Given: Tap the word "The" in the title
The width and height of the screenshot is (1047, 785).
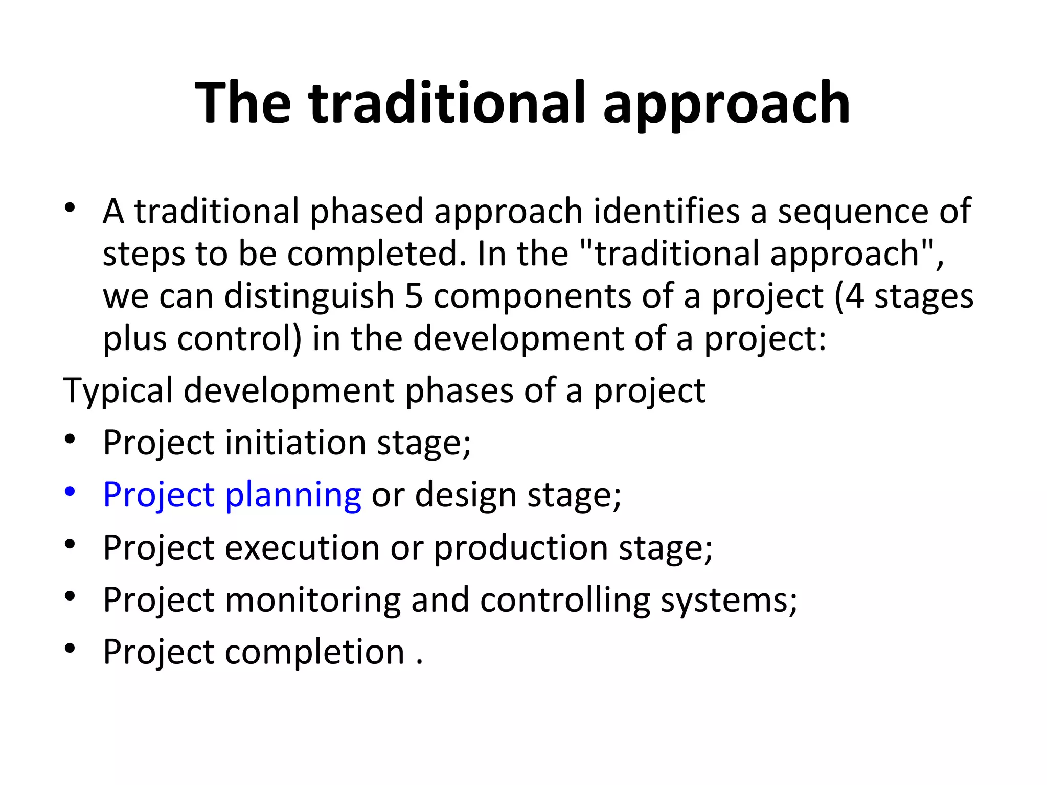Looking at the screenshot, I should (243, 104).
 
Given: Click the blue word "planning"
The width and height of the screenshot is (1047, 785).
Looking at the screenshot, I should (293, 495).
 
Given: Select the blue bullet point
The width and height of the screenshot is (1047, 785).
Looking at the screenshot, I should (70, 492).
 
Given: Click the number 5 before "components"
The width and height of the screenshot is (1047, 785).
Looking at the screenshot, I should (414, 296).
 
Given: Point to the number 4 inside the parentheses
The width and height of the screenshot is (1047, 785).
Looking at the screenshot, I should (854, 296).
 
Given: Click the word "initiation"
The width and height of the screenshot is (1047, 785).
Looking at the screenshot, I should (295, 442).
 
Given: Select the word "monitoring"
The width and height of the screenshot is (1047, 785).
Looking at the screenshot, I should (313, 599).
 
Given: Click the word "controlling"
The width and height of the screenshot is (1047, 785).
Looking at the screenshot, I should (565, 599).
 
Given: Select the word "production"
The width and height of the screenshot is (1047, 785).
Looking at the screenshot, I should (521, 547).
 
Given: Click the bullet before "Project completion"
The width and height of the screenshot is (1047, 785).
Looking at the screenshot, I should (70, 649).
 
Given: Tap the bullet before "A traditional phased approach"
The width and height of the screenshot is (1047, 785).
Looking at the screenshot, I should (70, 208).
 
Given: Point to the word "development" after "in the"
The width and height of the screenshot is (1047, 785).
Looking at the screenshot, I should (518, 339).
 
